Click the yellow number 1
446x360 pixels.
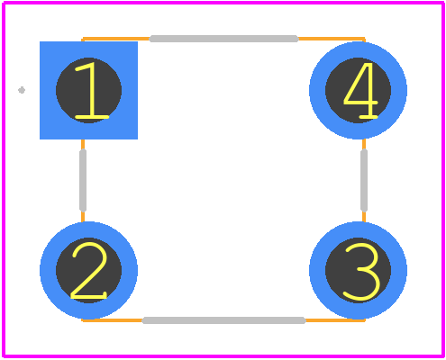point(91,90)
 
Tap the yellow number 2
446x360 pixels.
point(89,271)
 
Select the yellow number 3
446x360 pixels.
point(360,272)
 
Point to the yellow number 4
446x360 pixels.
point(360,90)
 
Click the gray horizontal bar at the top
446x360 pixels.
point(223,39)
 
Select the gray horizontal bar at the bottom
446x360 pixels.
point(223,320)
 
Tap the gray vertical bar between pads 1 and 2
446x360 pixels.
point(83,180)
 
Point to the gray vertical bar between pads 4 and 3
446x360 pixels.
point(364,180)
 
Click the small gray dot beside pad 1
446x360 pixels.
point(22,90)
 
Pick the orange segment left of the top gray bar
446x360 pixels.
point(116,39)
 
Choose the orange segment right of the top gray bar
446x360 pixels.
point(332,39)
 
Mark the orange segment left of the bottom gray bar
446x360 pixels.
point(112,320)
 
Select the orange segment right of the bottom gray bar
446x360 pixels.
point(335,320)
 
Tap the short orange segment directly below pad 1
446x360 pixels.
point(83,145)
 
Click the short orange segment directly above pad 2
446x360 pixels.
point(83,216)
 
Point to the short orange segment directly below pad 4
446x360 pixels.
point(364,145)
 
